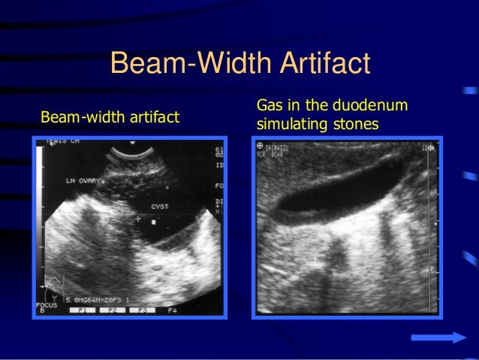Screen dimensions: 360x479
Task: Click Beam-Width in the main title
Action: point(181,64)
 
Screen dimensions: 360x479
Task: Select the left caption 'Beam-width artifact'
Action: point(110,118)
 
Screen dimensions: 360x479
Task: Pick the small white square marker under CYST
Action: point(153,222)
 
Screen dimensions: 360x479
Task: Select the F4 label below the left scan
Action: point(173,309)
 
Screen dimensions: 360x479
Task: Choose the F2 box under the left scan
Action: point(113,309)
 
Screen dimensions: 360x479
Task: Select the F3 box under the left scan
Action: point(142,309)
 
